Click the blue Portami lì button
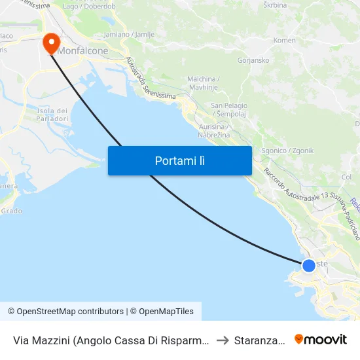click(179, 160)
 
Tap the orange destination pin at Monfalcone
click(51, 43)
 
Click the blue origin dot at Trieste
click(308, 265)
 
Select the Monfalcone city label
click(84, 49)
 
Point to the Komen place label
click(284, 40)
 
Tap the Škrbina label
click(275, 5)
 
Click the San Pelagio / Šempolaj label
click(229, 110)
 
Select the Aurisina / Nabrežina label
click(213, 131)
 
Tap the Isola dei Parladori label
click(53, 114)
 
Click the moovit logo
click(321, 340)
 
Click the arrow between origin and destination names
click(223, 340)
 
